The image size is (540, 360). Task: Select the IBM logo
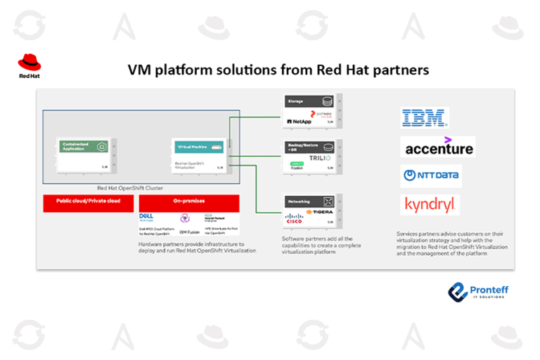point(424,117)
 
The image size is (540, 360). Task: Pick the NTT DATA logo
point(430,175)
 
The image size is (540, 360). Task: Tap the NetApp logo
point(298,122)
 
